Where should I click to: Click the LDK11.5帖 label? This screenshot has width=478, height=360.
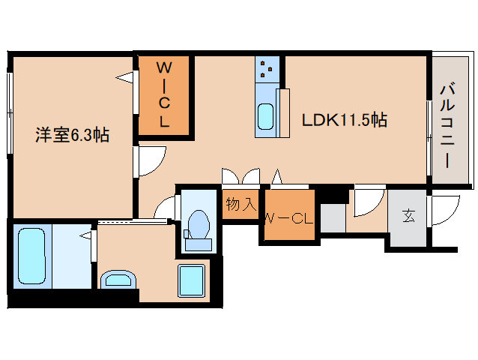pos(345,119)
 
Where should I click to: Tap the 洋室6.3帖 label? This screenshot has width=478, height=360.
pos(72,134)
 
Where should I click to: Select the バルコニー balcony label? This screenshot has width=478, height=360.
pos(447,126)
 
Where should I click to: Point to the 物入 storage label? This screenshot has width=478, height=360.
pos(240,203)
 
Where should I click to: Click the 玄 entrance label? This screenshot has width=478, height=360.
pos(408,216)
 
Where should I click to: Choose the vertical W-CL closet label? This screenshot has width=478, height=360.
pos(164,94)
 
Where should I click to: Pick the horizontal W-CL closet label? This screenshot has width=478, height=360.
pos(289,218)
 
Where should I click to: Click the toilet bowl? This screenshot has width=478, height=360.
pos(198,230)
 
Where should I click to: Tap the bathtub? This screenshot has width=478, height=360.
pos(31,256)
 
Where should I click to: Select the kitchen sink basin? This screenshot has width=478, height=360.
pos(265,116)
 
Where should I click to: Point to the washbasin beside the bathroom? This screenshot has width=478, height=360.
pos(118,280)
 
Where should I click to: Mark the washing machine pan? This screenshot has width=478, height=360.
pos(192,280)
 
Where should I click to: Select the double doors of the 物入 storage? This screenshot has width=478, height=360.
pos(240,177)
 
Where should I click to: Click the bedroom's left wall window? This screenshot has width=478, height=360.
pos(10,113)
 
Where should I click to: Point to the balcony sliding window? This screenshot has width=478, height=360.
pos(429,138)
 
